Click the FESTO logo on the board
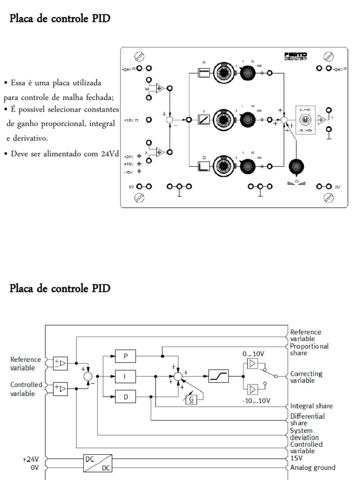295,57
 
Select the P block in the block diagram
125,356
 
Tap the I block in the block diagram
125,376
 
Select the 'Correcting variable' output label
306,377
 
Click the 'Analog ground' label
313,467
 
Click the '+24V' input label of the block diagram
31,459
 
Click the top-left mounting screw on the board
139,57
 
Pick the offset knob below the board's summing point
296,166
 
